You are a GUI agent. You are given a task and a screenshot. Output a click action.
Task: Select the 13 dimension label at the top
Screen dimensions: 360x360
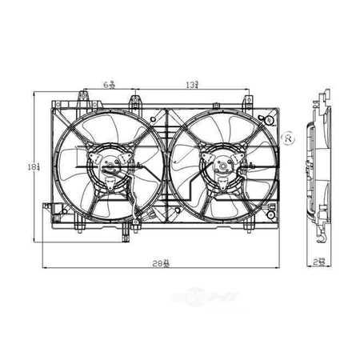[194, 83]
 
